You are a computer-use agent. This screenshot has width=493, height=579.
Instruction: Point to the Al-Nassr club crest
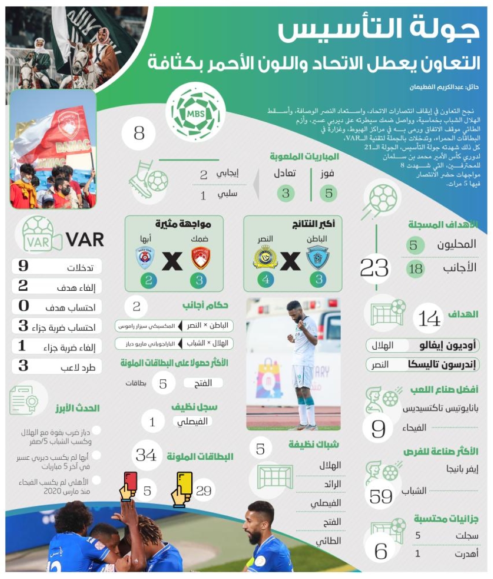click(x=265, y=256)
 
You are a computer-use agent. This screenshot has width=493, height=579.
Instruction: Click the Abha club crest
click(x=145, y=257)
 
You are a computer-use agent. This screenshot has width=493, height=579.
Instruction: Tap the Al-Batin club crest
click(x=318, y=257)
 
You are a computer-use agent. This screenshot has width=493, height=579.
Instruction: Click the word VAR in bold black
click(x=85, y=239)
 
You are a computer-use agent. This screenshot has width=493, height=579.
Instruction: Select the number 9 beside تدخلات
click(x=23, y=267)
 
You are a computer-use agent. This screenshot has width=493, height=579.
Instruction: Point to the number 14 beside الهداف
click(x=428, y=318)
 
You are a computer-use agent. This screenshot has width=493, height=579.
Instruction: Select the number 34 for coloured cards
click(x=146, y=455)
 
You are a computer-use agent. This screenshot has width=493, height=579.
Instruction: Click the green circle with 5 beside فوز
click(x=329, y=193)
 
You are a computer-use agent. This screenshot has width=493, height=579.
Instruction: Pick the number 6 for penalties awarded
click(x=381, y=551)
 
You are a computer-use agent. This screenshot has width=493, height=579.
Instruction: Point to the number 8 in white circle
click(x=139, y=133)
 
